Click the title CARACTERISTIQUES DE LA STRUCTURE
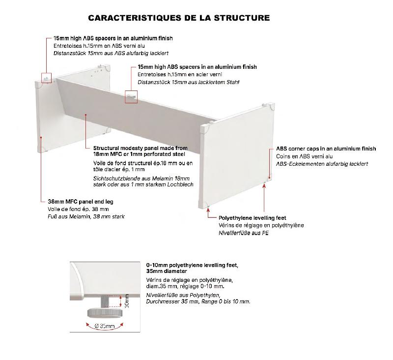click(x=179, y=18)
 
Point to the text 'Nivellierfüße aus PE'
click(x=244, y=233)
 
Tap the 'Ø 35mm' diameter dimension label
click(x=104, y=326)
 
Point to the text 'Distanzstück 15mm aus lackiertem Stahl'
click(x=188, y=82)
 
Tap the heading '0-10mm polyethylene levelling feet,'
click(x=192, y=265)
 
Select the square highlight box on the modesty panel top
click(x=131, y=96)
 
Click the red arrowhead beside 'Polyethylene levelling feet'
click(x=209, y=217)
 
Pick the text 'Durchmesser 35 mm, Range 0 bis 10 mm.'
click(x=198, y=301)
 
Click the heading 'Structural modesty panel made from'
click(x=140, y=148)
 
